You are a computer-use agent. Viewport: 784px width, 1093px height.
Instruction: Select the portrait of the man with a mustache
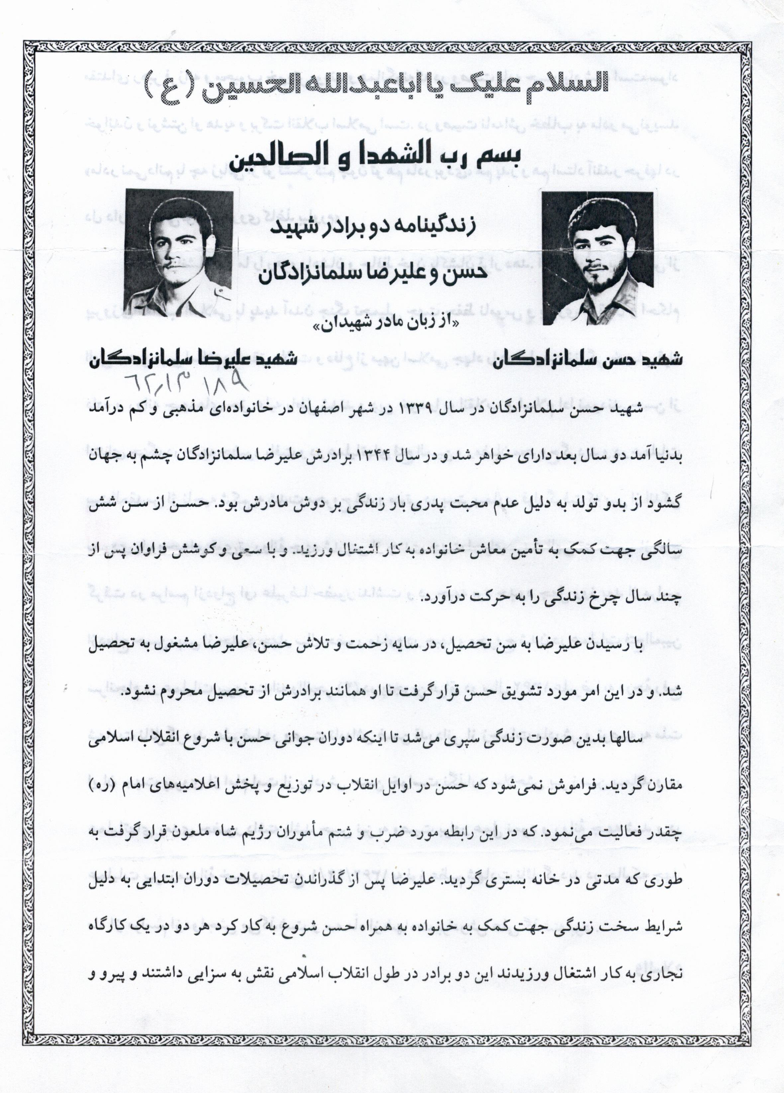[x=179, y=250]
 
